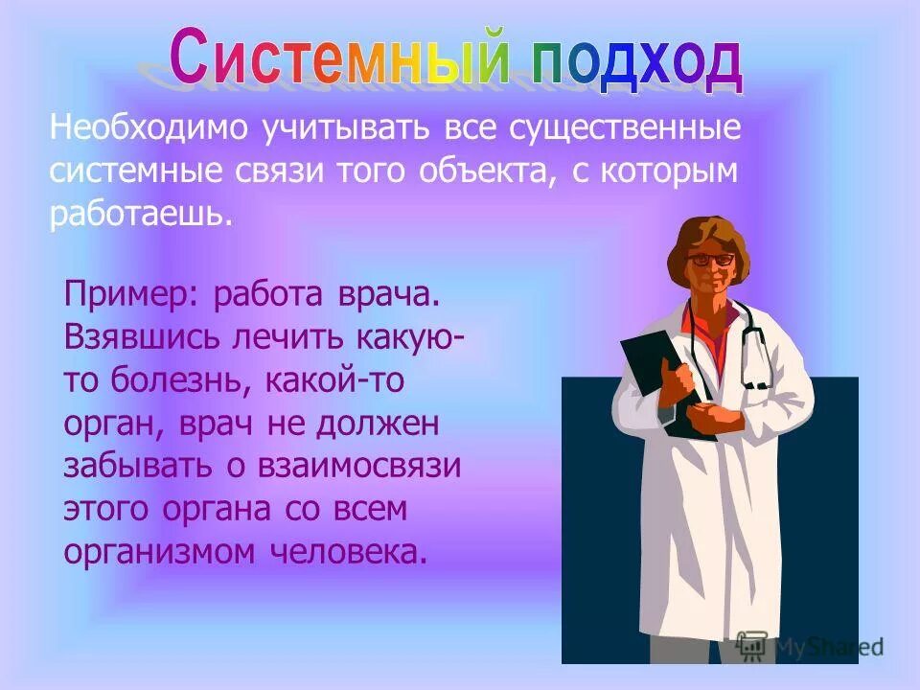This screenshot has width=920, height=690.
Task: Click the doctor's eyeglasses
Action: tap(710, 259)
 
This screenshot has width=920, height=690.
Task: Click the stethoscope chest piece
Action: tap(757, 382)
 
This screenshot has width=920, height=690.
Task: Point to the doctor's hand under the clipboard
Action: tap(713, 418)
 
